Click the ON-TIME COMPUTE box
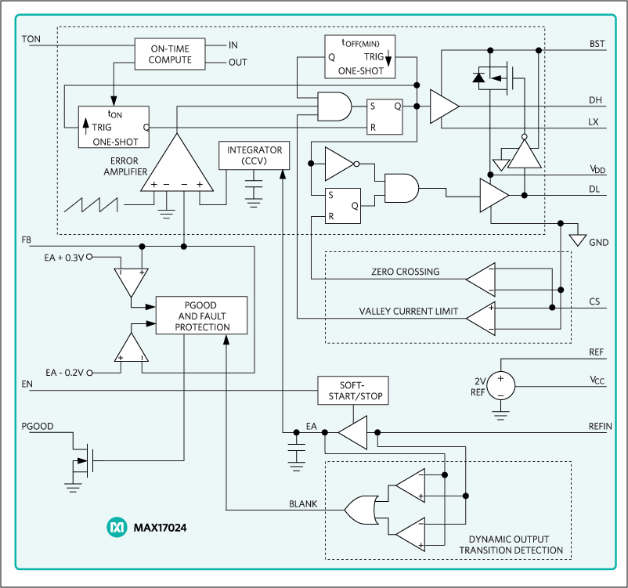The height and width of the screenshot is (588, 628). click(x=170, y=54)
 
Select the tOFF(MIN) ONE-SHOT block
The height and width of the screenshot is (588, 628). click(x=359, y=57)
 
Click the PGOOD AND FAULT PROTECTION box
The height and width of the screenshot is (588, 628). click(x=201, y=316)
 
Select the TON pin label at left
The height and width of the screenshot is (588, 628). click(x=32, y=38)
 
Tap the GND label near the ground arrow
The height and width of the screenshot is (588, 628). click(x=598, y=243)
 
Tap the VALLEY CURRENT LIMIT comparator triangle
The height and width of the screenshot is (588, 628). click(x=480, y=315)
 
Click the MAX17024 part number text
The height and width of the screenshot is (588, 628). click(x=158, y=528)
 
